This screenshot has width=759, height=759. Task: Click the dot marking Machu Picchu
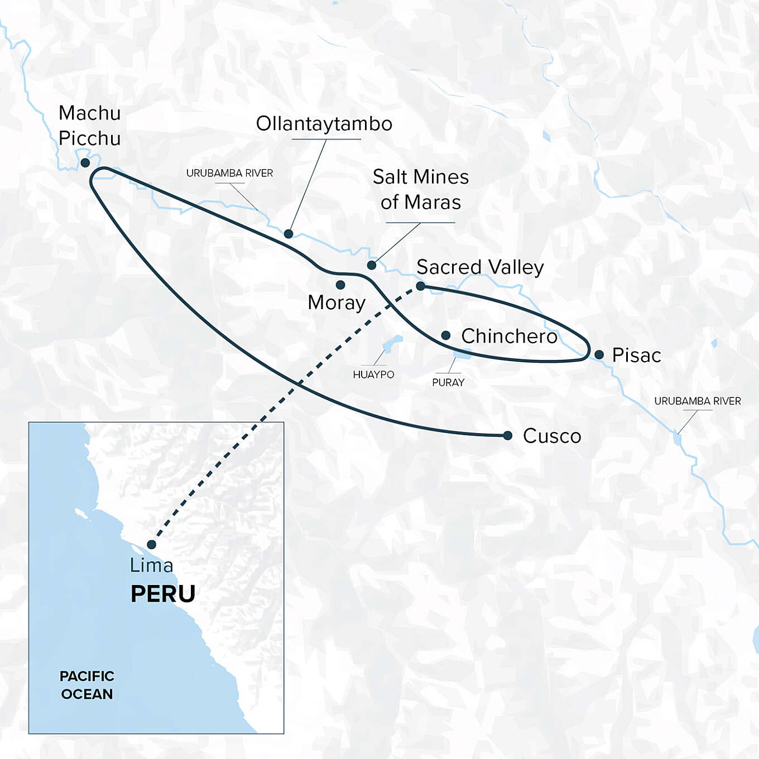coord(85,162)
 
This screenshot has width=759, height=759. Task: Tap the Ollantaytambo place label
coord(324,124)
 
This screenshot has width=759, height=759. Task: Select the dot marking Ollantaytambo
coord(289,233)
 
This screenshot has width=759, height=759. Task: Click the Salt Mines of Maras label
coord(421,189)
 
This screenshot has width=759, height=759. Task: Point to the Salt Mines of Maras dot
coord(372,265)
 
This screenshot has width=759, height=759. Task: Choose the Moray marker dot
coord(340,285)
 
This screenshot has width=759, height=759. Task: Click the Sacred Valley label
coord(480,267)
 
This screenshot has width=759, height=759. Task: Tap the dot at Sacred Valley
coord(421,286)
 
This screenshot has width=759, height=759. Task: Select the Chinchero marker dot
coord(446,335)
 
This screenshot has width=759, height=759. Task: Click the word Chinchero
coord(509,336)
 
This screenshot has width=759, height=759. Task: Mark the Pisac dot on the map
coord(599,354)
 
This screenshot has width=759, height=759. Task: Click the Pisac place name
coord(636,356)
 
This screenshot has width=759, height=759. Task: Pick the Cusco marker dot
coord(507,435)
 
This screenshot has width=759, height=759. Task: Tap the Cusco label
coord(552,436)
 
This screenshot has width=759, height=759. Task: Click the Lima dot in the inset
coord(151,544)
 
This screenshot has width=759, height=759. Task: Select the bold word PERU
coord(163,594)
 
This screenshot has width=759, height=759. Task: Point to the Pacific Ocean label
coord(87,685)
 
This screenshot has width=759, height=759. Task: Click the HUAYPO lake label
coord(373,374)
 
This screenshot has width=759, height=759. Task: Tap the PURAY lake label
coord(448,382)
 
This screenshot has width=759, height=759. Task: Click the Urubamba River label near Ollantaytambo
coord(229,173)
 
